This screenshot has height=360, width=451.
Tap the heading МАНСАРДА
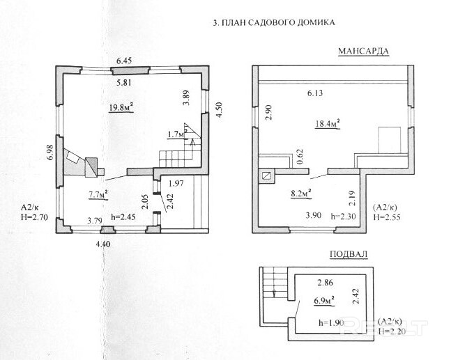(x=362, y=51)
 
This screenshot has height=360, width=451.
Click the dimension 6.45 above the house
(x=123, y=61)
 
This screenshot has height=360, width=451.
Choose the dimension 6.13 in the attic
(x=317, y=93)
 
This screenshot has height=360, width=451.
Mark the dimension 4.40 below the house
(x=104, y=243)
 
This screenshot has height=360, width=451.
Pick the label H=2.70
(x=33, y=218)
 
